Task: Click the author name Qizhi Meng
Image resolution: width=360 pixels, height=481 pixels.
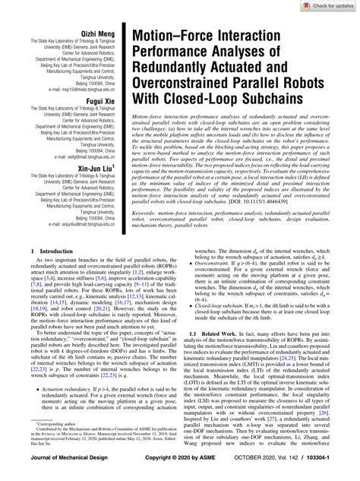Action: click(x=98, y=36)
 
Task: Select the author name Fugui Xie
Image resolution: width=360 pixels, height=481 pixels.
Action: click(x=99, y=100)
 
